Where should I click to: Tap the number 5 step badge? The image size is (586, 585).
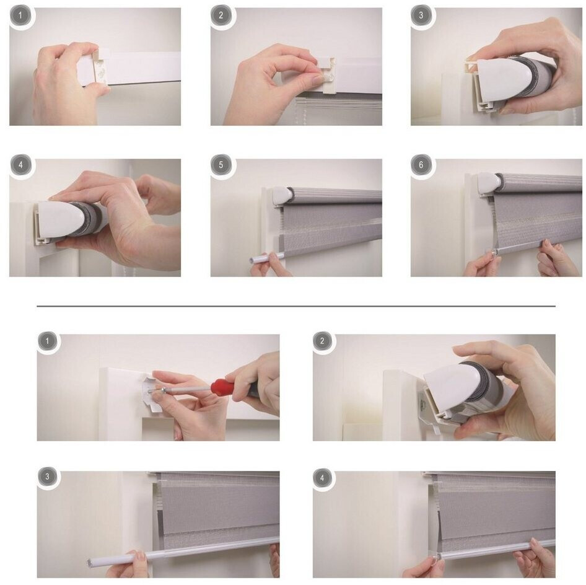[x=221, y=165]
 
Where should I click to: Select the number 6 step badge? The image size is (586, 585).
[x=421, y=165]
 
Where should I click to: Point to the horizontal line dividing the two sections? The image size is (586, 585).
[x=296, y=306]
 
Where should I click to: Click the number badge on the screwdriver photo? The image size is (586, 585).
[x=48, y=341]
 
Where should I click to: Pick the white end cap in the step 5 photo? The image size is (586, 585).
[x=283, y=196]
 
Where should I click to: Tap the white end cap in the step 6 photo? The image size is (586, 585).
[x=489, y=183]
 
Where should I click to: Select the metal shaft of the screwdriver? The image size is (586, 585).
[x=187, y=389]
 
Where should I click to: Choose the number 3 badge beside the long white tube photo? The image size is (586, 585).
[x=48, y=477]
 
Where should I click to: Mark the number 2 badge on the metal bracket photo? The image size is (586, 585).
[x=323, y=341]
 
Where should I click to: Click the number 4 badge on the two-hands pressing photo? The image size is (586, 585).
[x=20, y=165]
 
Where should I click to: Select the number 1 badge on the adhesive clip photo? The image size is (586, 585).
[x=20, y=15]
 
